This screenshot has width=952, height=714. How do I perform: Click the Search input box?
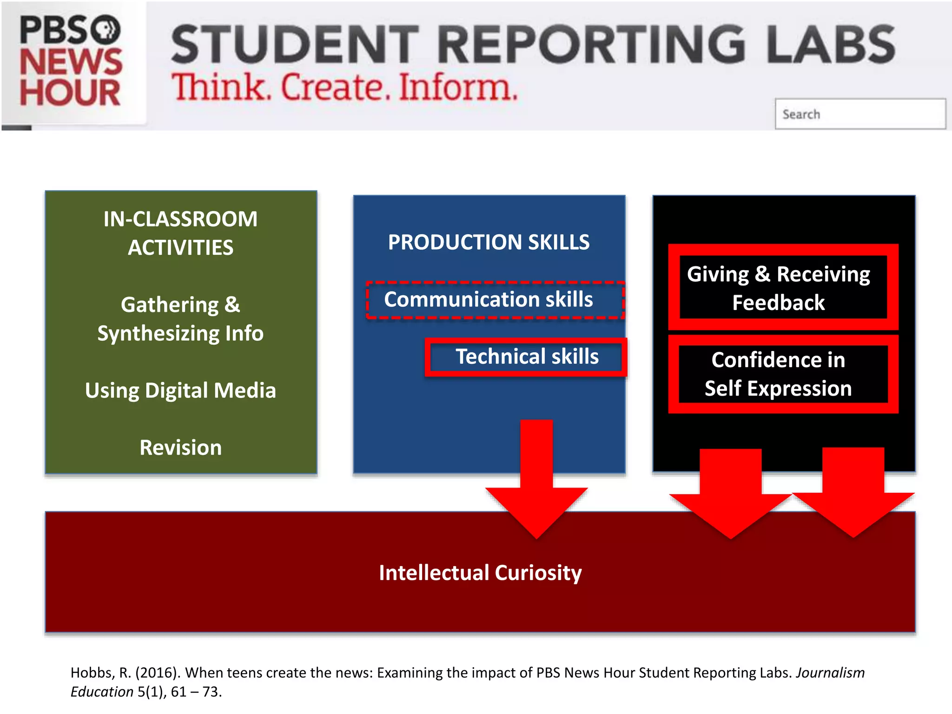coord(860,114)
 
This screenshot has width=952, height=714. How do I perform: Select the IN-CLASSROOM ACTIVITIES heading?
coord(180,233)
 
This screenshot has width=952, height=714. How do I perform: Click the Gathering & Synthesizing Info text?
coord(180,319)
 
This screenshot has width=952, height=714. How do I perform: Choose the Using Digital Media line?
coord(180,390)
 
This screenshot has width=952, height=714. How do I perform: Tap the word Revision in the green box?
coord(180,448)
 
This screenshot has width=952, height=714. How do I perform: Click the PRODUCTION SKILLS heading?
coord(489,242)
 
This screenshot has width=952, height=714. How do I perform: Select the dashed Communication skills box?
coord(495,300)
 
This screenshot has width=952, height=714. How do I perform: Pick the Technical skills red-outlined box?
coord(526,357)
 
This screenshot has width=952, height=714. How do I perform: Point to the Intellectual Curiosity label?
coord(480,573)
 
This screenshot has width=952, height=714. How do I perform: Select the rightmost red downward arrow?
coord(853,497)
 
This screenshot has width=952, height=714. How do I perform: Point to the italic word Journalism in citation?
coord(830,673)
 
